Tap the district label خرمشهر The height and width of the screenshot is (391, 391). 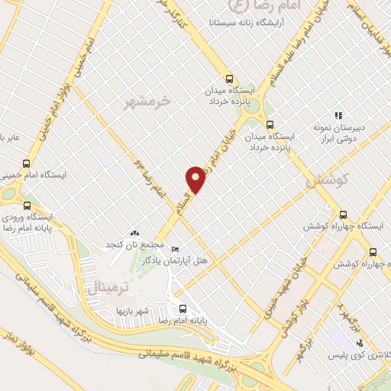[x=149, y=102]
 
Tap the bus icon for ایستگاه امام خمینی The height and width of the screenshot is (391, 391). [x=27, y=163]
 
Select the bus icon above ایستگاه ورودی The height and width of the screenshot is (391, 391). [x=27, y=206]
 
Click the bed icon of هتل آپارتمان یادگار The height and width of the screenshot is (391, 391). [x=175, y=250]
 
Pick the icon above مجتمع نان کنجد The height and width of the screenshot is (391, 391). [x=134, y=233]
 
